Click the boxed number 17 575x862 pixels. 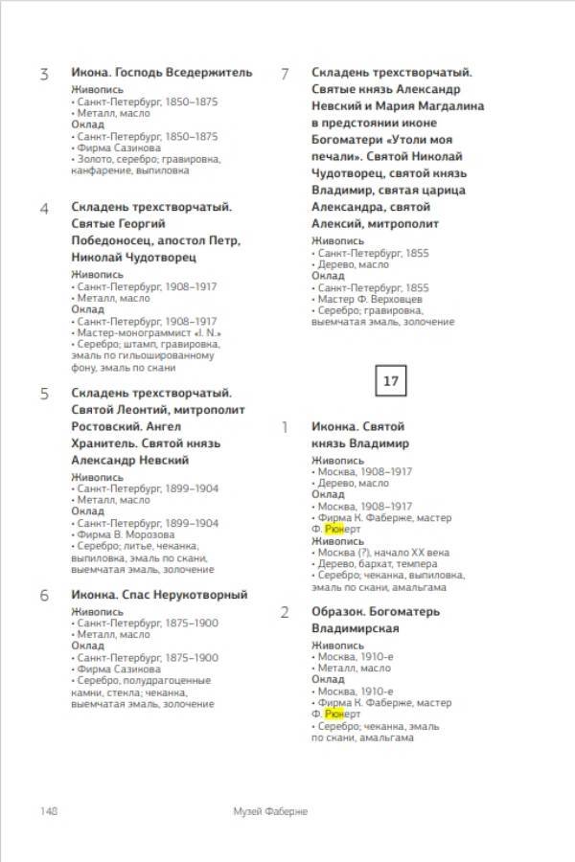tap(391, 381)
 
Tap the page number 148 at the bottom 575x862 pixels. tap(49, 810)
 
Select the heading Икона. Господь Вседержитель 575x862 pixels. tap(162, 72)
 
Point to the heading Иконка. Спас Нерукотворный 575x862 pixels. tap(159, 595)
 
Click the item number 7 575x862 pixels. tap(285, 73)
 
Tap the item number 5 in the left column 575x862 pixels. tap(44, 394)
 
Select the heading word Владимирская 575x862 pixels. tap(356, 628)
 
